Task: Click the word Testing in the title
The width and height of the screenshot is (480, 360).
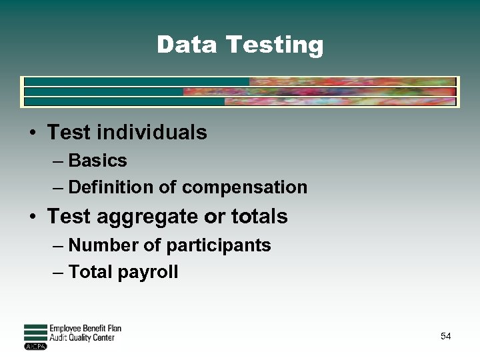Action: [x=275, y=45]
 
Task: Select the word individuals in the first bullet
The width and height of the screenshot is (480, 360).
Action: [x=152, y=133]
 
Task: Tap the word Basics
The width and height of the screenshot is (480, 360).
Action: [x=97, y=161]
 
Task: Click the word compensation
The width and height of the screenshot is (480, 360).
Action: [x=244, y=188]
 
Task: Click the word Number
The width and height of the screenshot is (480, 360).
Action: [x=104, y=245]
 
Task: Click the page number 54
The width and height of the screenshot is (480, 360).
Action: [x=445, y=337]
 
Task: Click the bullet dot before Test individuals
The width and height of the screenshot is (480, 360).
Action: [x=33, y=133]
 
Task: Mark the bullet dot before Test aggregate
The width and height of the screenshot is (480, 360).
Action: [x=33, y=217]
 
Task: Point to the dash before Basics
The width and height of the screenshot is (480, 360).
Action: [x=58, y=161]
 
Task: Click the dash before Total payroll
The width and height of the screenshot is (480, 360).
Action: [x=58, y=272]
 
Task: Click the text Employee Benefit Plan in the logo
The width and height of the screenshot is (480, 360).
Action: [x=85, y=329]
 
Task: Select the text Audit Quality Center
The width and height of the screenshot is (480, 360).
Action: [x=82, y=338]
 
